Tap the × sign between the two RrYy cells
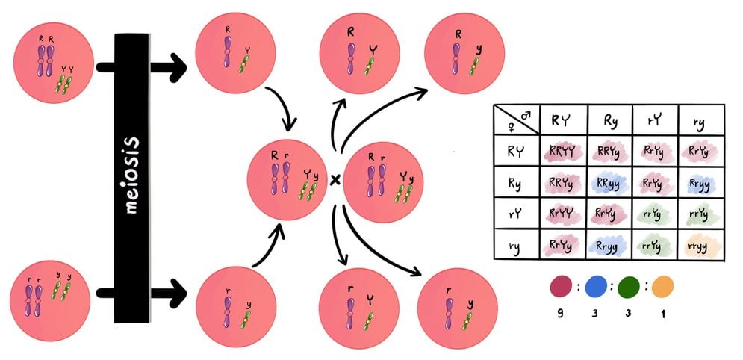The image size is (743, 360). pyautogui.click(x=335, y=180)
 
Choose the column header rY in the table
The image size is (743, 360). pyautogui.click(x=654, y=120)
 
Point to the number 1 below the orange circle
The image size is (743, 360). pyautogui.click(x=662, y=314)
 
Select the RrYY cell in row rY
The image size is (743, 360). pyautogui.click(x=562, y=214)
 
